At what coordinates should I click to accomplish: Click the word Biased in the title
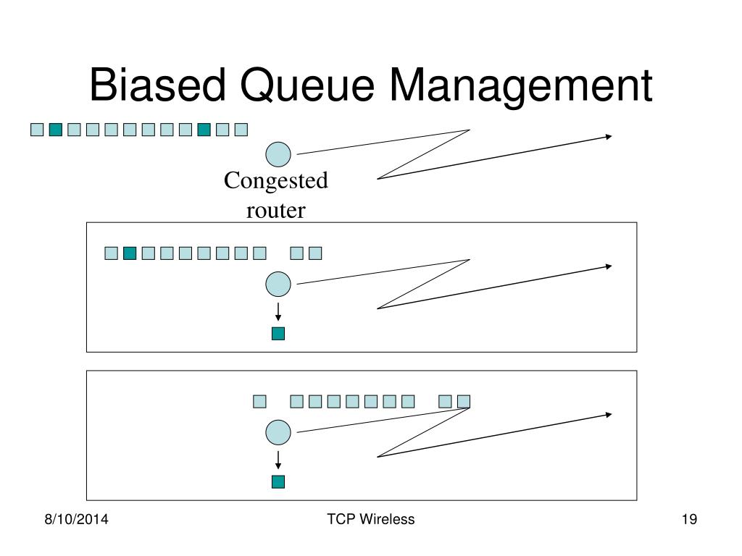point(157,85)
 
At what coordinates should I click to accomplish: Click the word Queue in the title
point(307,87)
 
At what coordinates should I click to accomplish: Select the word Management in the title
point(521,88)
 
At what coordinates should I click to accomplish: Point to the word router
point(276,211)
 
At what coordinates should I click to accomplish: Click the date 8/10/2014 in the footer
point(76,519)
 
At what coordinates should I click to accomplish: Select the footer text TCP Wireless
point(370,519)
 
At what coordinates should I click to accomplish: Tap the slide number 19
point(690,519)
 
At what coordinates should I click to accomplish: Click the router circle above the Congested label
point(278,154)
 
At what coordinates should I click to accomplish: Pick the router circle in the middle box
point(278,284)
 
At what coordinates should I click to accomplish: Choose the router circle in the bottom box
point(278,432)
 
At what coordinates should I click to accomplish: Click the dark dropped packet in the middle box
point(278,334)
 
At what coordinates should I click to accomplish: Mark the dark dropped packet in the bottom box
point(278,481)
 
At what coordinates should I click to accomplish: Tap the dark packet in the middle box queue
point(130,253)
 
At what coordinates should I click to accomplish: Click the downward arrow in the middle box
point(278,312)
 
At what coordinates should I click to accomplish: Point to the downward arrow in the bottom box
point(278,460)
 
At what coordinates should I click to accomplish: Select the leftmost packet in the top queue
point(37,130)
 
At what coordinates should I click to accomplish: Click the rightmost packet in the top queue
point(241,130)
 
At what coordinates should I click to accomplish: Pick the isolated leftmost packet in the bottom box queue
point(260,401)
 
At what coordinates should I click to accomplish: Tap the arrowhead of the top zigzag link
point(609,137)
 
